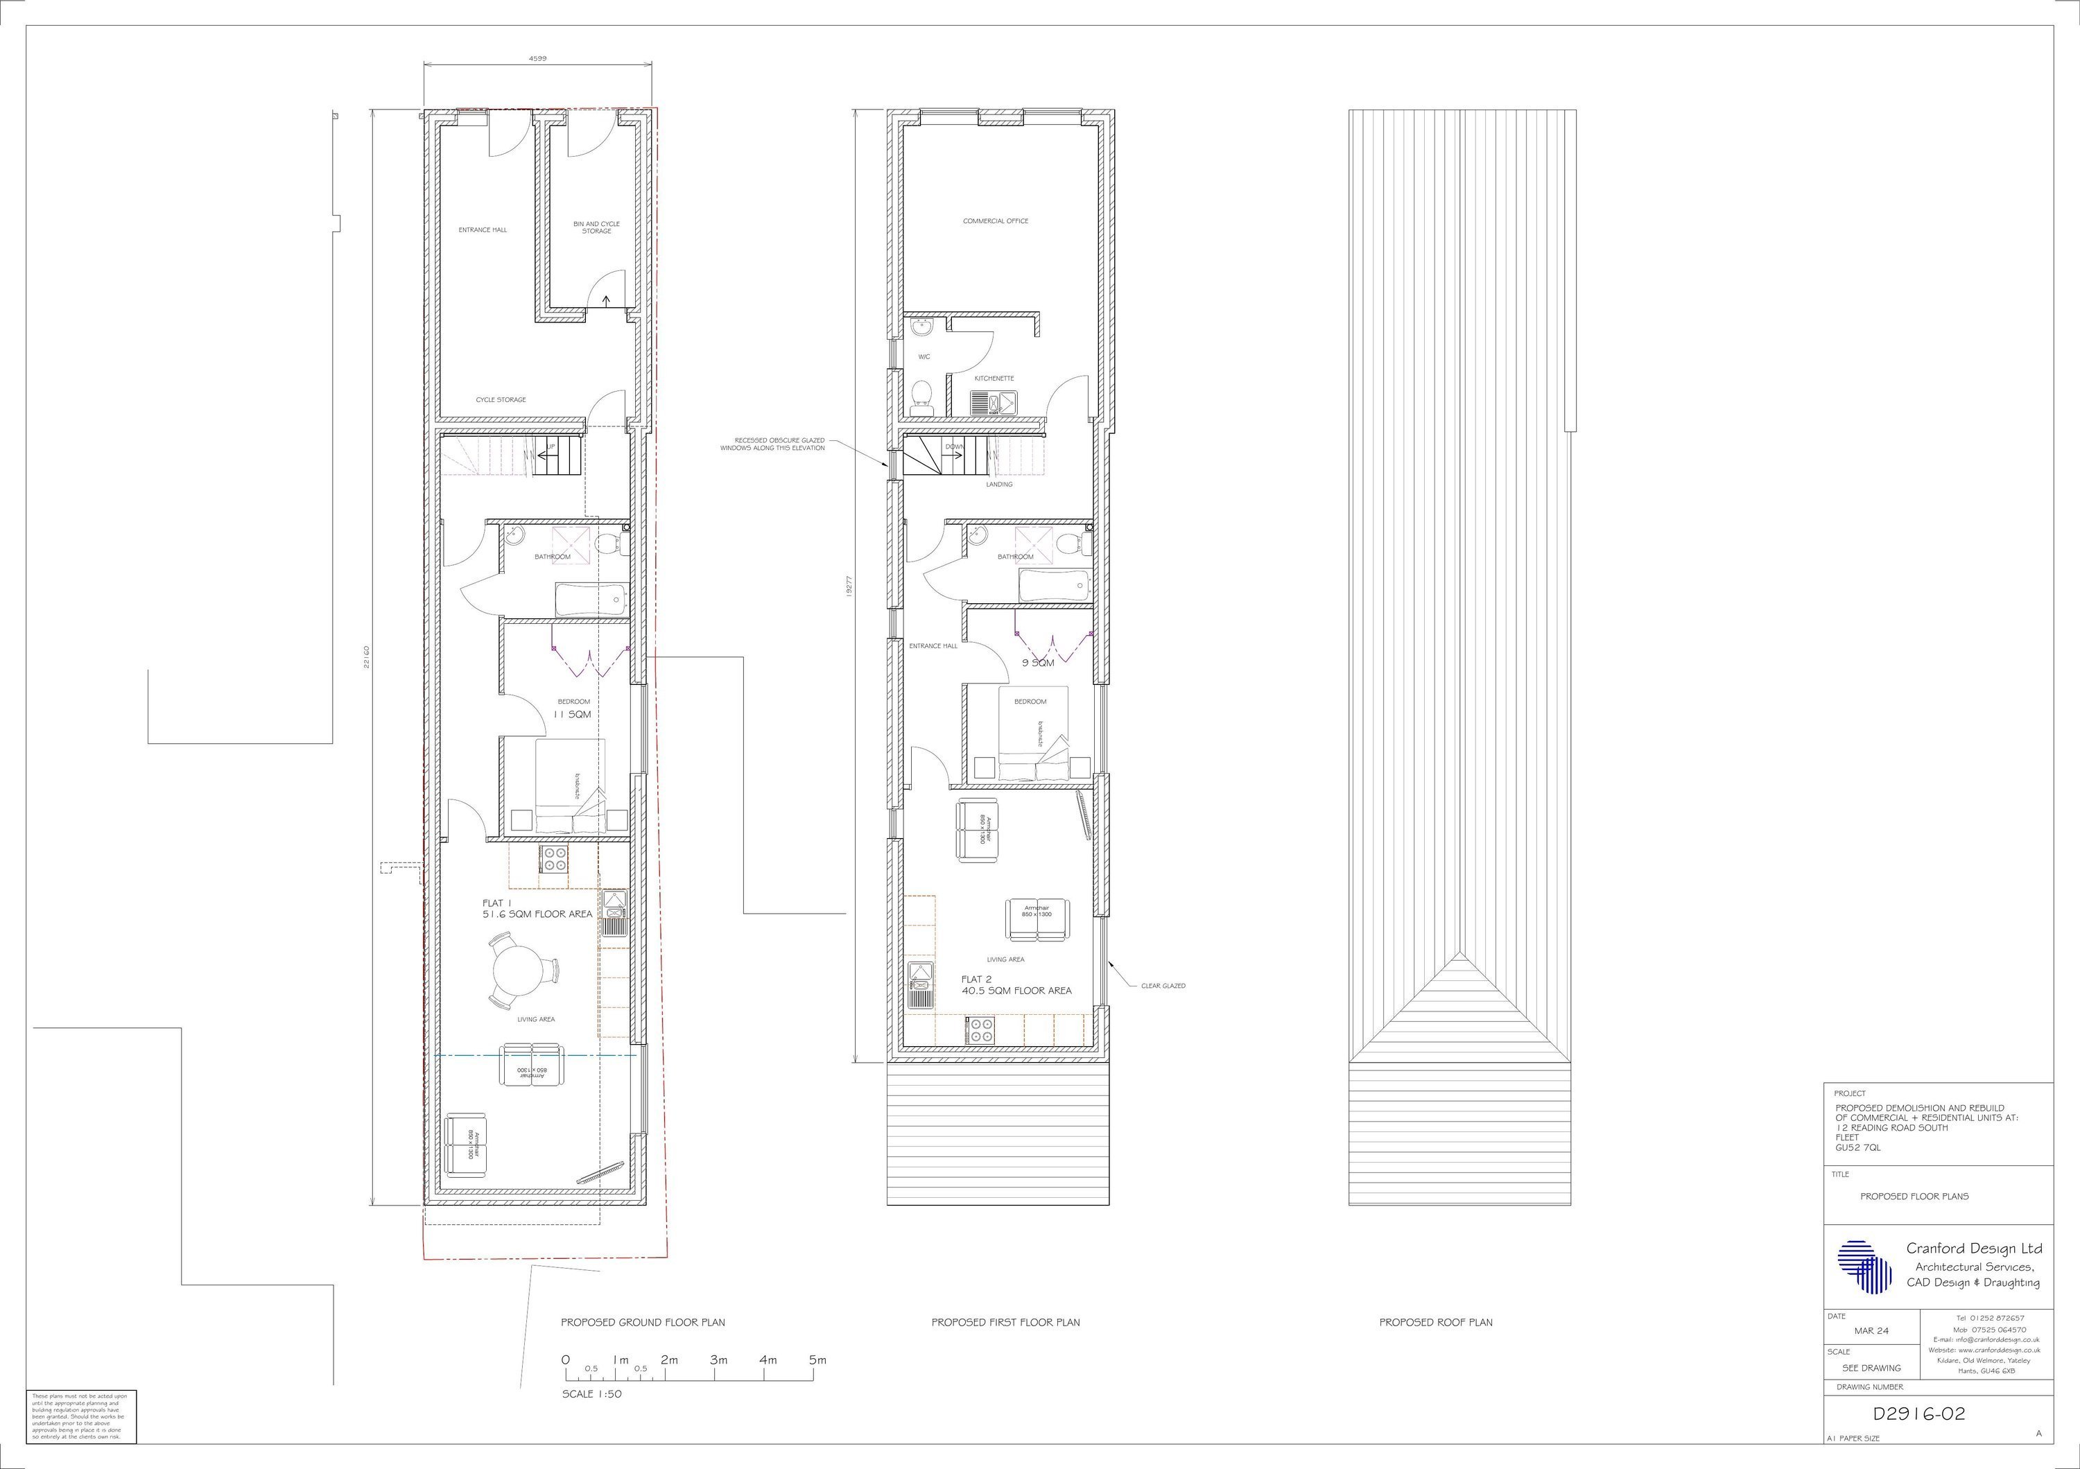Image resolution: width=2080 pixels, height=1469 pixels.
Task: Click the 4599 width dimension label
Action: [x=537, y=58]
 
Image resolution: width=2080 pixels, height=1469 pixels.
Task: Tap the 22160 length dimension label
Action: [x=366, y=657]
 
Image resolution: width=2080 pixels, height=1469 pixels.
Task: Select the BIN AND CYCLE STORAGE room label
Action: [x=596, y=227]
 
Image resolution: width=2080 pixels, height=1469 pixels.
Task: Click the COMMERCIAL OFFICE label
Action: [x=996, y=221]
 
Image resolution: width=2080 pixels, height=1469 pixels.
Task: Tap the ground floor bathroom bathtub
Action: [x=590, y=600]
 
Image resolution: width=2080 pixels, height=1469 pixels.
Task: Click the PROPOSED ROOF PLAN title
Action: [x=1436, y=1322]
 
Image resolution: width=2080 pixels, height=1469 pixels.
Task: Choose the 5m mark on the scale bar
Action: [x=817, y=1359]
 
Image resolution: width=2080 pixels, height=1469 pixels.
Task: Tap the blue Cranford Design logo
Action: [x=1865, y=1266]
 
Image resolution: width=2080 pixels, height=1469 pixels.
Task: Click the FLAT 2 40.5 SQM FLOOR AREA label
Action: [x=1016, y=985]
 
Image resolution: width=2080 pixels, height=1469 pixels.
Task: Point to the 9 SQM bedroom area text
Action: [x=1038, y=663]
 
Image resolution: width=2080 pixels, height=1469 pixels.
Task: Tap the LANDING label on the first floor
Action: [x=999, y=485]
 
